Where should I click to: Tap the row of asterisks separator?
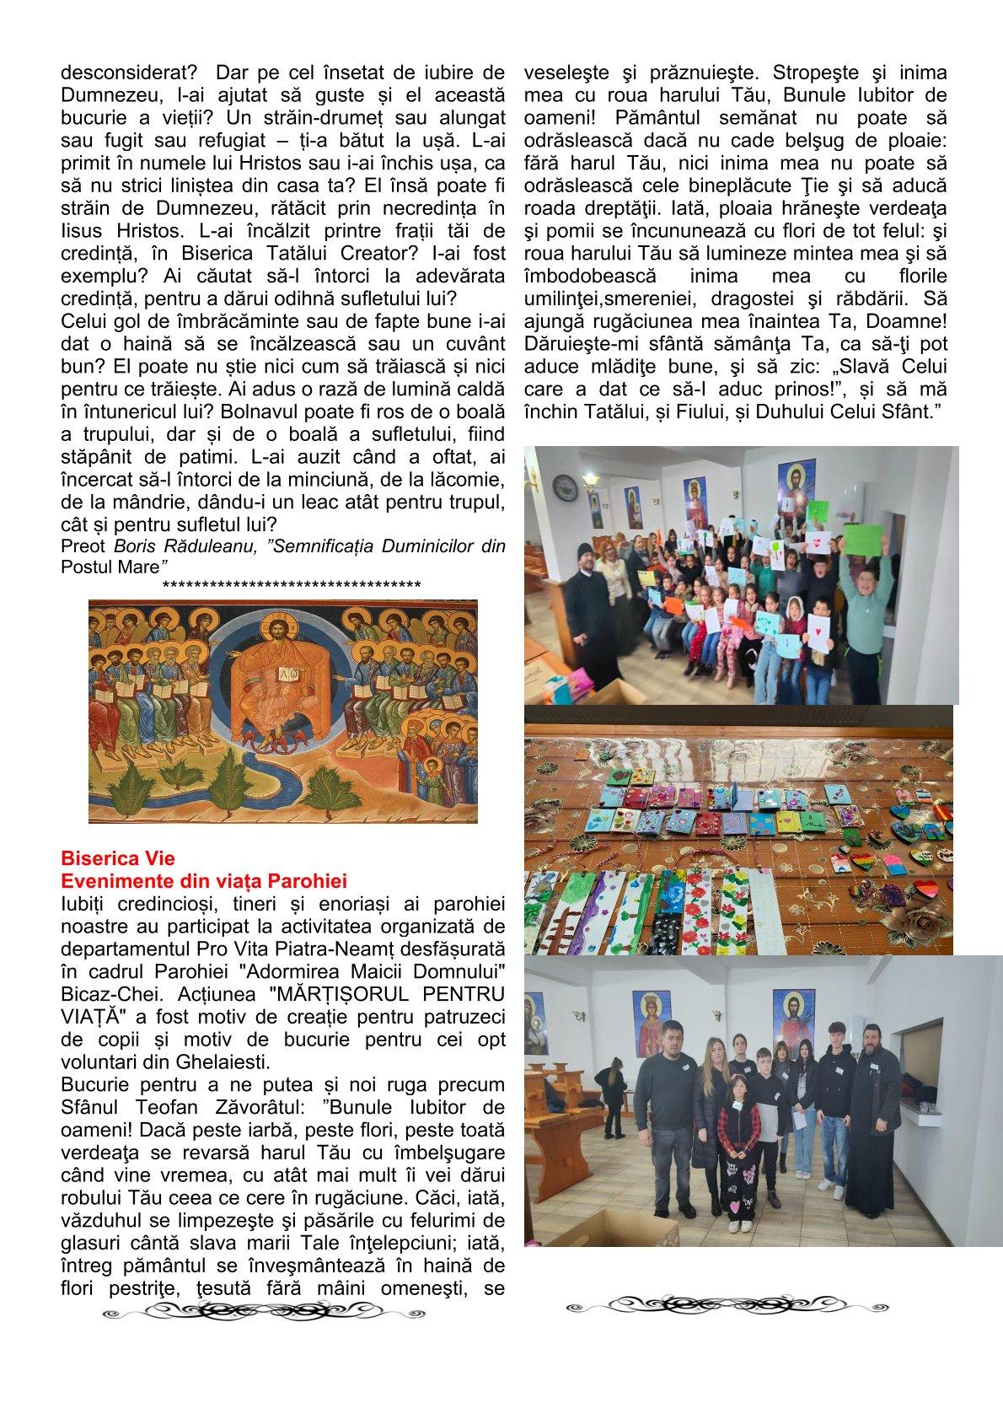coord(292,584)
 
